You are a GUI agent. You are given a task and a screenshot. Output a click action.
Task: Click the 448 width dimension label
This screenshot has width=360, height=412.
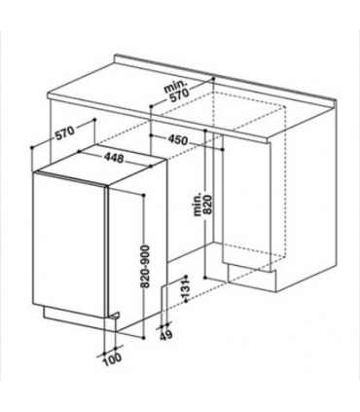pyautogui.click(x=114, y=158)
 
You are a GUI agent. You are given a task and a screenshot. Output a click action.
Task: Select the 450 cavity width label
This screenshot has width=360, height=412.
pyautogui.click(x=178, y=140)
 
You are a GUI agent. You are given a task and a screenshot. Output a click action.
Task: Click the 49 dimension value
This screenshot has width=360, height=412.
pyautogui.click(x=166, y=335)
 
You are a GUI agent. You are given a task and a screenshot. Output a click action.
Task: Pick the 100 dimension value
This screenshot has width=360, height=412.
pyautogui.click(x=113, y=358)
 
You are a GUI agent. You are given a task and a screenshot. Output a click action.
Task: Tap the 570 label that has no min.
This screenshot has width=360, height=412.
pyautogui.click(x=64, y=132)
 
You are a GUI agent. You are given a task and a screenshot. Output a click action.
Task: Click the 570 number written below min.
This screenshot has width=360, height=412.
pyautogui.click(x=178, y=96)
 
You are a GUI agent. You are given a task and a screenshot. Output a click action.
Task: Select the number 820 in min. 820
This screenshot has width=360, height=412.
pyautogui.click(x=209, y=205)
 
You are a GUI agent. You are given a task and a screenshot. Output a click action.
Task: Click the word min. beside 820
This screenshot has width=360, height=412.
pyautogui.click(x=198, y=205)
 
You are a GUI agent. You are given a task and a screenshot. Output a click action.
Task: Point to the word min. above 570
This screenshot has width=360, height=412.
pyautogui.click(x=174, y=86)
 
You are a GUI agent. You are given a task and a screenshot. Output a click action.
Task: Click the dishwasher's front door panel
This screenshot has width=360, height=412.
pyautogui.click(x=70, y=242)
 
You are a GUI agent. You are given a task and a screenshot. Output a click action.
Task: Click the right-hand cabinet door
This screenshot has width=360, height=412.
pyautogui.click(x=246, y=203)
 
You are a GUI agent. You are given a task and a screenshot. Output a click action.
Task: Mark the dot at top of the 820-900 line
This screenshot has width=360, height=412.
pyautogui.click(x=143, y=195)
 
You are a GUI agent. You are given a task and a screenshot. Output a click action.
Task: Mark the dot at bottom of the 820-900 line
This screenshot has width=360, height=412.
pyautogui.click(x=143, y=338)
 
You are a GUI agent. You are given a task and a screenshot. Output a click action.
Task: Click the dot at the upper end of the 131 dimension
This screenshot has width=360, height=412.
pyautogui.click(x=186, y=277)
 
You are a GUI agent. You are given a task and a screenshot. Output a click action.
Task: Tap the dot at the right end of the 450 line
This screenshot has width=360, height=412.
pyautogui.click(x=223, y=149)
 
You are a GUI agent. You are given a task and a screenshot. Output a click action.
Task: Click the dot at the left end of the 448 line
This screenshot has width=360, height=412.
pyautogui.click(x=79, y=151)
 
